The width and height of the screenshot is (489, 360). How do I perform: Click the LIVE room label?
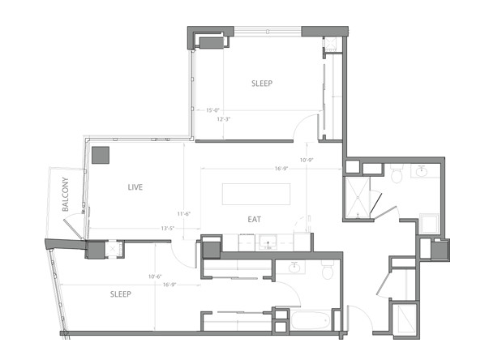point(135,187)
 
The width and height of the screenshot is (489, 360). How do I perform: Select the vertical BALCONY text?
point(68,195)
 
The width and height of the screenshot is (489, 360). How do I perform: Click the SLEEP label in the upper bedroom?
point(262,84)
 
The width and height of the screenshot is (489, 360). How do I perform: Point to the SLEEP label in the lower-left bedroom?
point(121,294)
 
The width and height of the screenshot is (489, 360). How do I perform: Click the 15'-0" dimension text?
point(213,110)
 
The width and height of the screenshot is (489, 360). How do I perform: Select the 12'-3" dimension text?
point(225,119)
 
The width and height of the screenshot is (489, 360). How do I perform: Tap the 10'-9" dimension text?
point(306,160)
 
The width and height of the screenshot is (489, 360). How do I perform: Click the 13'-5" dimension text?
point(168,228)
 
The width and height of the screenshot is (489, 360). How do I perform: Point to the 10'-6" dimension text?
point(154,276)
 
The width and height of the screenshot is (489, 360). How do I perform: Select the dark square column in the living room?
point(101,154)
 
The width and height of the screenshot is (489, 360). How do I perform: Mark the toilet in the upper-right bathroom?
point(397,174)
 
